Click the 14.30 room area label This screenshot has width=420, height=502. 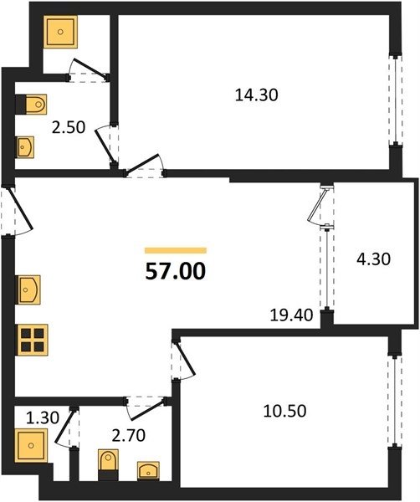(256, 95)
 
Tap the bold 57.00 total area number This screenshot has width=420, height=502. (176, 271)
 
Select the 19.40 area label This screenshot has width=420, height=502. (291, 315)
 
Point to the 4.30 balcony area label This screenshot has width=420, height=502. (374, 259)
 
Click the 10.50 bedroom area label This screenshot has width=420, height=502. (284, 411)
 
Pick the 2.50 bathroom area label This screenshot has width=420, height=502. (69, 127)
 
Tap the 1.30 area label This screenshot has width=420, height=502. (43, 418)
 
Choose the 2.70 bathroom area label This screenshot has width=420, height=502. (128, 435)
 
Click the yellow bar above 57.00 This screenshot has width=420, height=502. (176, 250)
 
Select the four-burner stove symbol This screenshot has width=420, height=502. (32, 340)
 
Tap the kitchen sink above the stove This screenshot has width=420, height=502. (28, 289)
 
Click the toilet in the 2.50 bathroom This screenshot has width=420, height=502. (32, 105)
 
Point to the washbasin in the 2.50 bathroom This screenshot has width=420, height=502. (25, 147)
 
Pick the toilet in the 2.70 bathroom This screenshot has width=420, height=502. (108, 464)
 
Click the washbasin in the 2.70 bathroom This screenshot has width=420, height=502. (148, 470)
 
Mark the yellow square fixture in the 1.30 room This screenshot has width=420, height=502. (31, 445)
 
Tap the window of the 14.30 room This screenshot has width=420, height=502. (396, 100)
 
